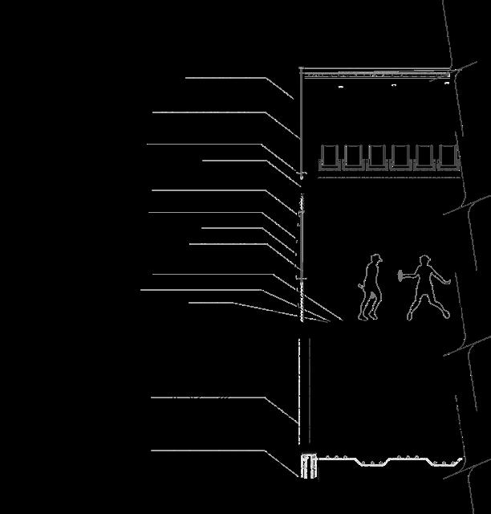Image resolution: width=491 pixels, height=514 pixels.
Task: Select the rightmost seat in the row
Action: coord(449,157)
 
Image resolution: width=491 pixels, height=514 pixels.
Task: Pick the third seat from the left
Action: coord(378,157)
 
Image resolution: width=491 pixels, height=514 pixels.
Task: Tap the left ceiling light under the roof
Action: coord(341,85)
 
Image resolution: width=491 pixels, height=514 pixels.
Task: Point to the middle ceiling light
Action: coord(393,84)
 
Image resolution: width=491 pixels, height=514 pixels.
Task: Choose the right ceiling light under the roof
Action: coord(446,83)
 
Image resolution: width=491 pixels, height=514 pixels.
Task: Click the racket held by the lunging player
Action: coord(400,275)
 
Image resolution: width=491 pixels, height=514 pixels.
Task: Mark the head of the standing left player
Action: coord(375,259)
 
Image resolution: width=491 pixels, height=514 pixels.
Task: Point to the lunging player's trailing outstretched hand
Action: coord(447,281)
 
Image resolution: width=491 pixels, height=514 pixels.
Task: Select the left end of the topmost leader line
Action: coord(186,78)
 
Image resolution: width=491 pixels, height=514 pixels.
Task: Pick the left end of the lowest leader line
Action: coord(152,451)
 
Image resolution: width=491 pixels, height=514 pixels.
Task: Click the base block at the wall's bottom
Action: coord(308,465)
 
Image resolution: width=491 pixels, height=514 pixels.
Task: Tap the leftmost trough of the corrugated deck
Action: coord(335,463)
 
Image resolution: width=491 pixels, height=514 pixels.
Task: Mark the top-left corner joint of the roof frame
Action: coord(302,70)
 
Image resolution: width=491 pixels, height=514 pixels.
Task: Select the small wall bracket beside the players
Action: coord(302,278)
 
